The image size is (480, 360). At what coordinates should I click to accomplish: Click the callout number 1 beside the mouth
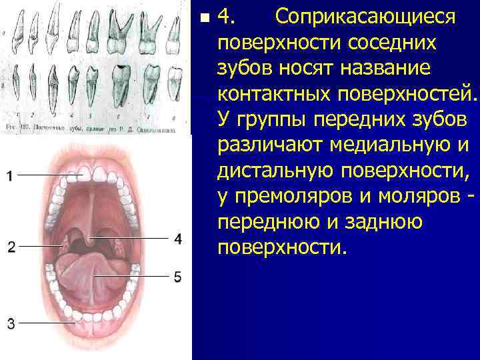click(x=10, y=176)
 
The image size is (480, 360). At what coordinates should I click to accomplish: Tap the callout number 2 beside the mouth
click(x=11, y=247)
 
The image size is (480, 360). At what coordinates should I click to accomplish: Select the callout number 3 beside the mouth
click(x=11, y=324)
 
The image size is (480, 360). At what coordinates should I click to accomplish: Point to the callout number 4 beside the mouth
click(x=178, y=238)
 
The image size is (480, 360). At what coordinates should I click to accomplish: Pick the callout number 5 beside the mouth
click(x=177, y=276)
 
